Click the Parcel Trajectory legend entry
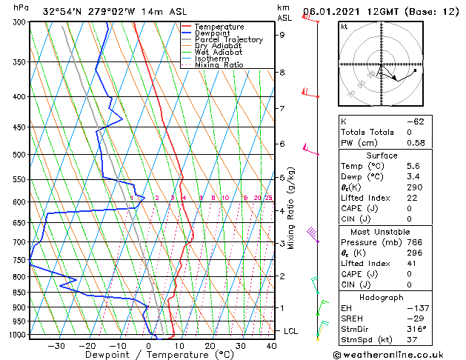227,39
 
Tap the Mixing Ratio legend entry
219,65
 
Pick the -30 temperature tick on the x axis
56,345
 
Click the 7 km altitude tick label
282,109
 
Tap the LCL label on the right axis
290,331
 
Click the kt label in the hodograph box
344,27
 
